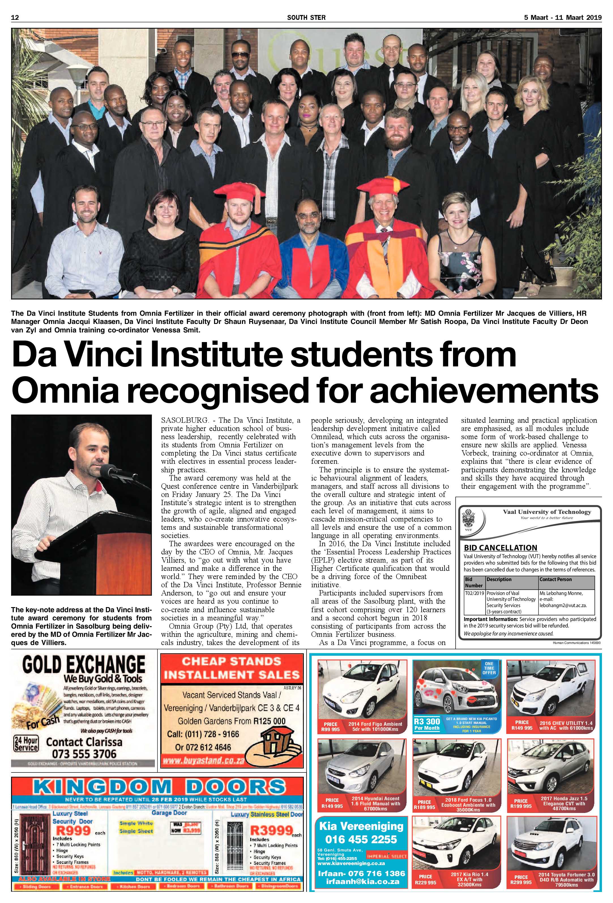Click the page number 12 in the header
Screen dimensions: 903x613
pos(15,17)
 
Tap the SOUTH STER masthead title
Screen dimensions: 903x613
pos(306,17)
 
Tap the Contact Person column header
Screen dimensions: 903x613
pos(556,579)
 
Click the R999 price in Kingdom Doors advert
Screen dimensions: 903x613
pos(73,831)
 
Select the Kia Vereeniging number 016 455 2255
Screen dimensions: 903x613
pos(361,839)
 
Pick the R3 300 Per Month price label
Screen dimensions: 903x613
pos(427,724)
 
